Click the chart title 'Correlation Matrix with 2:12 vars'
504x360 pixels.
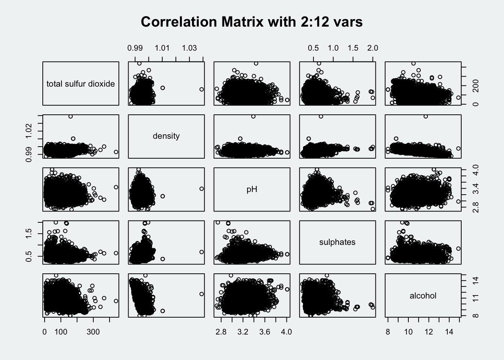[x=252, y=22]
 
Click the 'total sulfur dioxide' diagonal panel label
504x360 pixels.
[x=81, y=84]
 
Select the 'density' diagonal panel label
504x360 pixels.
[x=166, y=136]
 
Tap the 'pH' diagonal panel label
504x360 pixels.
[x=252, y=189]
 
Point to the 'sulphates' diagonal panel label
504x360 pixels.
[x=337, y=242]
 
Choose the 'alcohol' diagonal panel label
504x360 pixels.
[x=423, y=296]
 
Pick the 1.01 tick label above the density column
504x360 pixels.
[x=162, y=48]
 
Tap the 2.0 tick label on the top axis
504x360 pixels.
[x=372, y=48]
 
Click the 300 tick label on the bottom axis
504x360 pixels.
[x=93, y=332]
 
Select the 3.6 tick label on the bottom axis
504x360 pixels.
[x=265, y=332]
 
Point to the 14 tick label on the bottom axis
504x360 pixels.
[x=449, y=332]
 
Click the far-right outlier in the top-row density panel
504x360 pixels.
[x=201, y=89]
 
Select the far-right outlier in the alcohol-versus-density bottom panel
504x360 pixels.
[x=201, y=294]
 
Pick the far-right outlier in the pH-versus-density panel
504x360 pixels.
[x=201, y=189]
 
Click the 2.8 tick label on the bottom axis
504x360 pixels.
[x=221, y=332]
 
